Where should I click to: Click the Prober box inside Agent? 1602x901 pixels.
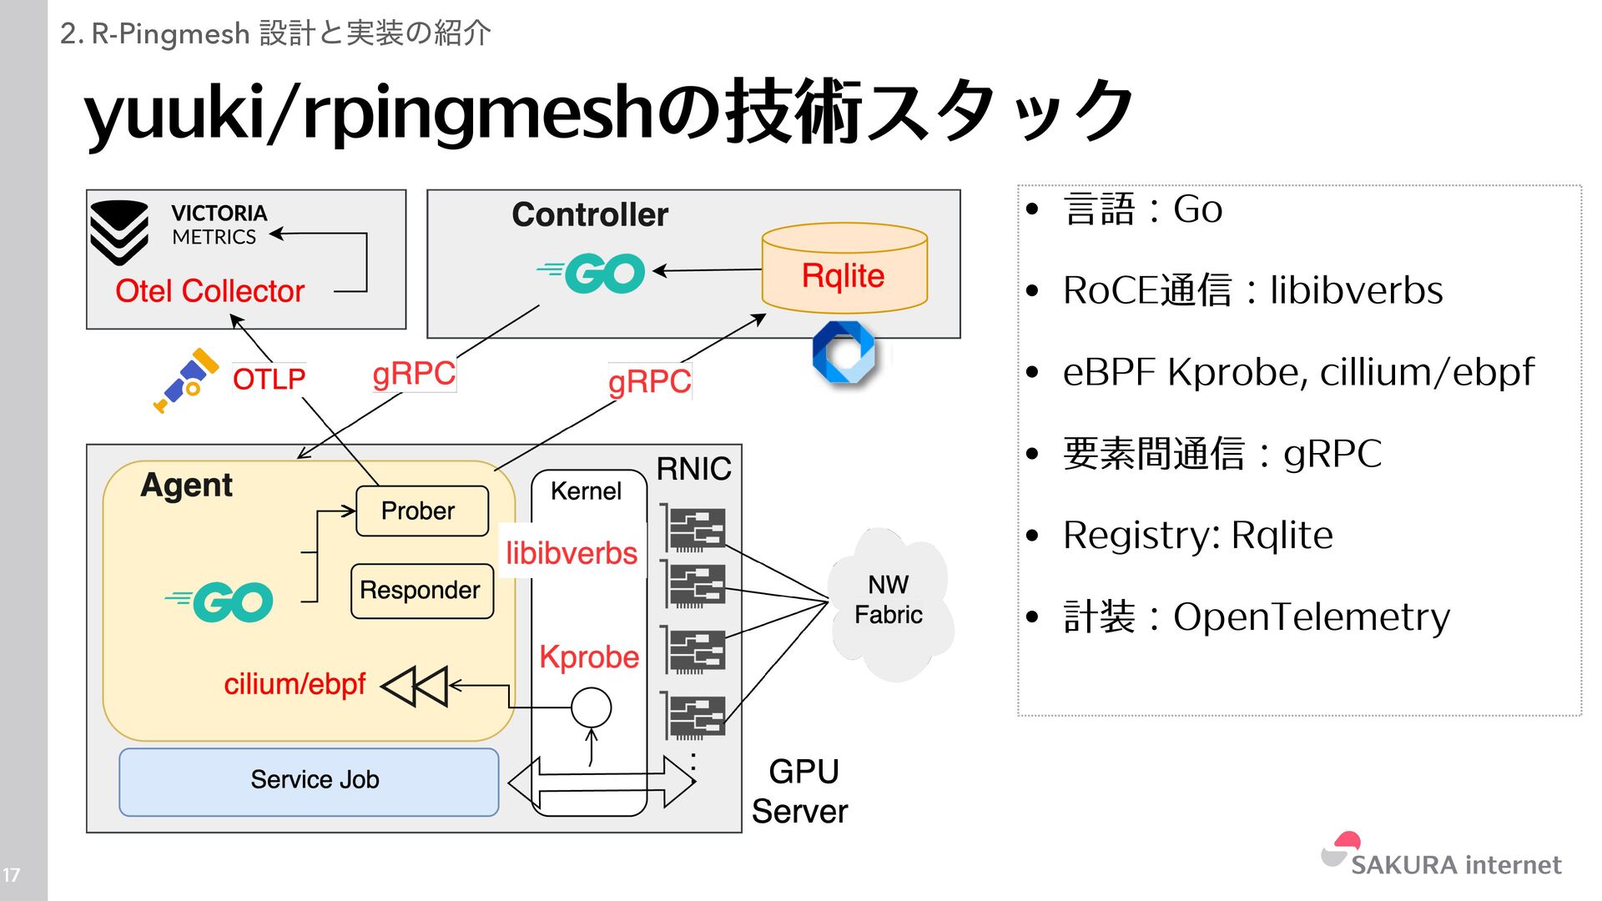tap(421, 511)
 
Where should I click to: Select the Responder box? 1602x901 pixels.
tap(421, 591)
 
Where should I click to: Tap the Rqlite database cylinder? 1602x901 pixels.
tap(844, 269)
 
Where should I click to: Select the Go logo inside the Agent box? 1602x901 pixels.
tap(222, 602)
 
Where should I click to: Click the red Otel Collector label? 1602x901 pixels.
tap(209, 291)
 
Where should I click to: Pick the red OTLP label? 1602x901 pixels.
tap(269, 380)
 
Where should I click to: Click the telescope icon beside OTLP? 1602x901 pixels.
tap(185, 380)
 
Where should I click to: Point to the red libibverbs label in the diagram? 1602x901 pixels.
tap(572, 553)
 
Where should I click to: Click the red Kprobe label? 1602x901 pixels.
tap(588, 657)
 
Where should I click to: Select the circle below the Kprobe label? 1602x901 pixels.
tap(591, 707)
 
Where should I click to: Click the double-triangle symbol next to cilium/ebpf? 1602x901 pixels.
tap(416, 686)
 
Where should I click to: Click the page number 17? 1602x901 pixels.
tap(12, 875)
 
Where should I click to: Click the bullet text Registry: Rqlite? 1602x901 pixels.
tap(1197, 535)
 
